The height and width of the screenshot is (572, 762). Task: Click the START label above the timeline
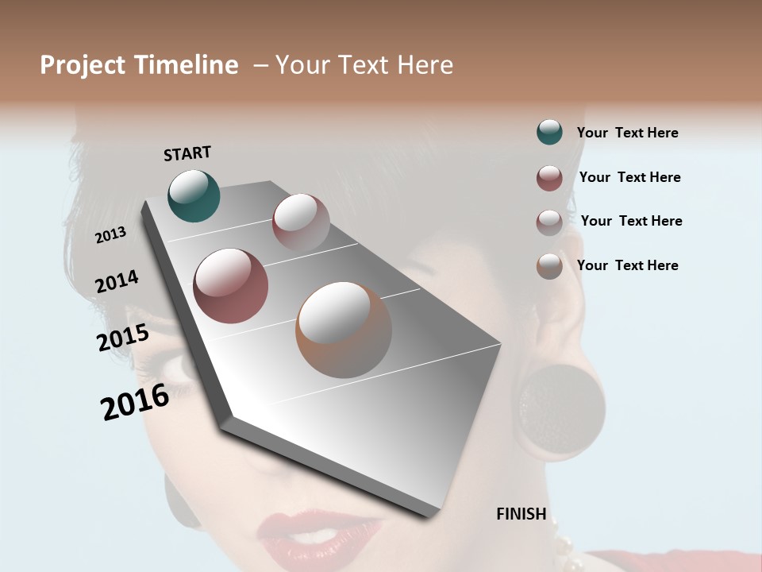pos(187,153)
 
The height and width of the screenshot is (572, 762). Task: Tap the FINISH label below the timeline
pos(521,514)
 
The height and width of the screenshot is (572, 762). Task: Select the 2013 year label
pos(111,235)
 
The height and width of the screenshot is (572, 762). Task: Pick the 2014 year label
pos(117,282)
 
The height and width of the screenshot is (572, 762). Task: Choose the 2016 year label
pos(135,402)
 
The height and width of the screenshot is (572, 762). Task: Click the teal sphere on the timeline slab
pos(194,195)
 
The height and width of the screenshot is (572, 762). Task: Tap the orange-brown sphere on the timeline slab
pos(344,330)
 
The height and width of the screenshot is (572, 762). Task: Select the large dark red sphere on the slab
pos(230,286)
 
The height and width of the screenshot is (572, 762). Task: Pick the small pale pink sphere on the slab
pos(301,222)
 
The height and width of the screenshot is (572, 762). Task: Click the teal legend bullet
pos(549,133)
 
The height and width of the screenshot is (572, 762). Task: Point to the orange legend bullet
pos(549,266)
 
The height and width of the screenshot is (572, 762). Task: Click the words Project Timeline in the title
pos(139,65)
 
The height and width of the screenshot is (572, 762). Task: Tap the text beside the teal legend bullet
pos(627,133)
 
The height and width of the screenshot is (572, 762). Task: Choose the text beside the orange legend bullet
pos(627,265)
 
